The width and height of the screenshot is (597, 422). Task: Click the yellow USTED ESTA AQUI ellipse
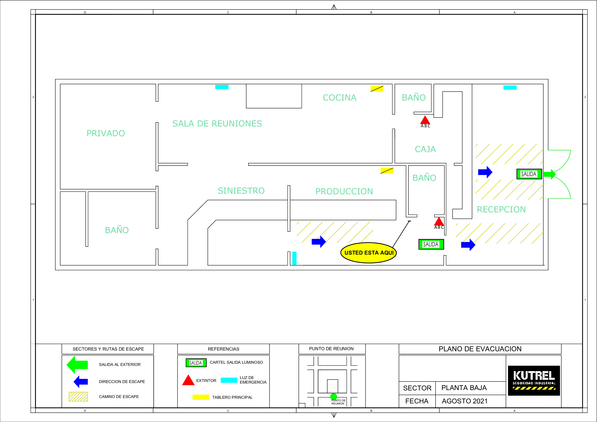click(x=369, y=253)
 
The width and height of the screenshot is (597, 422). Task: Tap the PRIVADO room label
click(x=106, y=133)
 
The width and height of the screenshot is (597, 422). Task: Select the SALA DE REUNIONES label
click(x=217, y=124)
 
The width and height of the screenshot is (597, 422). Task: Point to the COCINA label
click(x=339, y=98)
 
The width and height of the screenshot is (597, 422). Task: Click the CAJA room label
click(x=425, y=149)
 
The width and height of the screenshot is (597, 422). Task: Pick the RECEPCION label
click(x=501, y=210)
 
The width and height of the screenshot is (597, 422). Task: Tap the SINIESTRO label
click(x=241, y=191)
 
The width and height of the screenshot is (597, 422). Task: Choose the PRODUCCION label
click(x=344, y=192)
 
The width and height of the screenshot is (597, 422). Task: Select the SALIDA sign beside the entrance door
click(x=529, y=174)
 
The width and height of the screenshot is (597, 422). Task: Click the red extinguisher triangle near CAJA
click(x=425, y=120)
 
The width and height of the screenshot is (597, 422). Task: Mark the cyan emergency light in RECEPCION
click(x=510, y=88)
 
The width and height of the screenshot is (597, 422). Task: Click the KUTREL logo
click(x=534, y=380)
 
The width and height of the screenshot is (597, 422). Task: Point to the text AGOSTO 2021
click(x=465, y=401)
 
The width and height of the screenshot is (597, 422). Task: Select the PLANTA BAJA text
click(x=464, y=388)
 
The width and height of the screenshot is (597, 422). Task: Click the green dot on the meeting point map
click(x=334, y=397)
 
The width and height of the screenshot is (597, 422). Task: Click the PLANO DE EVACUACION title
click(x=480, y=349)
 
